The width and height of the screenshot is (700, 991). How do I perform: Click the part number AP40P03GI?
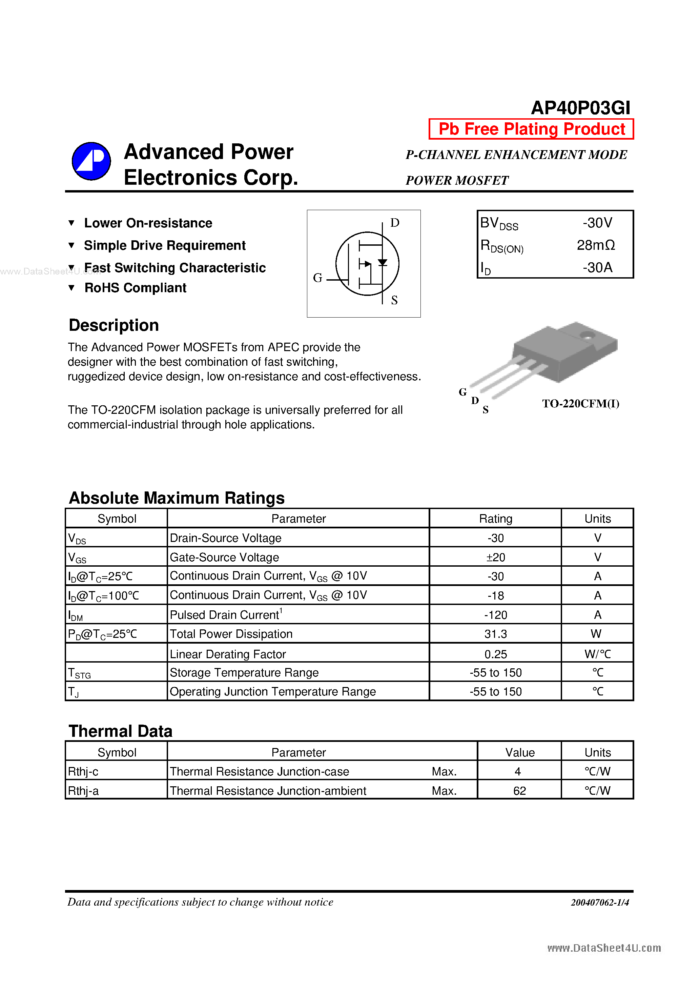[580, 108]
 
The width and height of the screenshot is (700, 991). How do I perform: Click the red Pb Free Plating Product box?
[531, 129]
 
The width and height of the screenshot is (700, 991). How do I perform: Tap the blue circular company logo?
[91, 161]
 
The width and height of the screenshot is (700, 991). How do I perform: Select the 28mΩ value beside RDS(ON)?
[596, 245]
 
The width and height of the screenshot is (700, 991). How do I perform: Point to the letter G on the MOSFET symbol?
[317, 278]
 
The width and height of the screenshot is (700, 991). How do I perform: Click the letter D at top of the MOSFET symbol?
[394, 223]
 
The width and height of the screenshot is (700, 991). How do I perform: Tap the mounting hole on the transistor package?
[587, 335]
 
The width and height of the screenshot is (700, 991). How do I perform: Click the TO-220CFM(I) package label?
[580, 404]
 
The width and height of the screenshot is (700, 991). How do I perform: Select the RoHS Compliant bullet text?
[135, 288]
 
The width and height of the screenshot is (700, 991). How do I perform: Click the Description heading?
[114, 325]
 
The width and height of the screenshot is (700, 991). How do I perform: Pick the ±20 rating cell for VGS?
[495, 557]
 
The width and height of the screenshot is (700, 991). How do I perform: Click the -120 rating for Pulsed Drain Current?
[495, 614]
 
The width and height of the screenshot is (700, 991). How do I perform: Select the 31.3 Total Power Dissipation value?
[495, 634]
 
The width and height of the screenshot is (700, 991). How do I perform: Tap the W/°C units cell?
[597, 654]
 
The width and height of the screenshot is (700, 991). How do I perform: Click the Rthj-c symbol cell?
[83, 771]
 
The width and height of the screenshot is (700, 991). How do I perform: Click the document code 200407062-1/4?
[599, 903]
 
